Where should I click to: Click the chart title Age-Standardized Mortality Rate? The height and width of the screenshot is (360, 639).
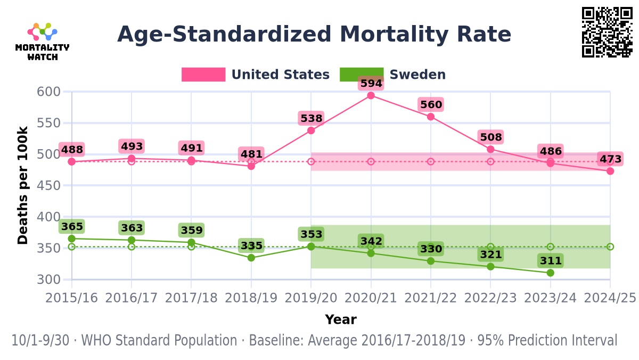[x=314, y=35]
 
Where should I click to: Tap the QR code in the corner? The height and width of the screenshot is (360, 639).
[x=607, y=32]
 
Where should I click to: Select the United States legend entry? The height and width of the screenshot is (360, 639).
[x=256, y=75]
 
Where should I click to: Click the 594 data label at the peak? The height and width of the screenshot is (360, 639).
[x=371, y=84]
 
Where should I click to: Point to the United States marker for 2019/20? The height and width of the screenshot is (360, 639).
[x=311, y=130]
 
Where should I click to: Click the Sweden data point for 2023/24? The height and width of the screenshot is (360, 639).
[x=550, y=273]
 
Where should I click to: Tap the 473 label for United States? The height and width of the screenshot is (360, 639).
[x=610, y=159]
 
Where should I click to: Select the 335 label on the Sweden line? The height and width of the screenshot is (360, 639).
[x=251, y=246]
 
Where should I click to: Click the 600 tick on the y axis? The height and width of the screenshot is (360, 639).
[x=48, y=92]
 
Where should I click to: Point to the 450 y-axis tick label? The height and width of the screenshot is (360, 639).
[x=48, y=185]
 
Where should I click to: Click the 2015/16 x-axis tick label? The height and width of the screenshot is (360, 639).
[x=71, y=298]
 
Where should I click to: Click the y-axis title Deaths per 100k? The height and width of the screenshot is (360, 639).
[x=23, y=185]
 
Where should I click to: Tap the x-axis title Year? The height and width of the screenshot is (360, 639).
[x=341, y=320]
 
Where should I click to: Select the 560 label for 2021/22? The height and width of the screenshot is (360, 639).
[x=431, y=104]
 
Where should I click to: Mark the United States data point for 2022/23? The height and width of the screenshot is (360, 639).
[x=490, y=149]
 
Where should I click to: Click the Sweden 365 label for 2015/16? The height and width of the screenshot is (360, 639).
[x=72, y=227]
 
